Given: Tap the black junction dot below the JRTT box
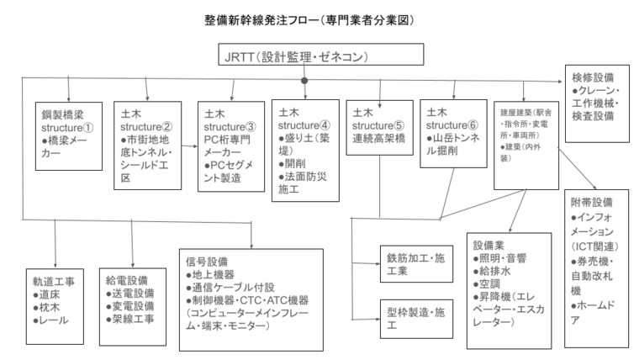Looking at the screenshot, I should [x=304, y=81].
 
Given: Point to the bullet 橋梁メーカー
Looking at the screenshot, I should [x=65, y=146].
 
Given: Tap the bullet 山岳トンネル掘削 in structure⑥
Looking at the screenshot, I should [x=455, y=142].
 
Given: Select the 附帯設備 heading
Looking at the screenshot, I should [x=593, y=203].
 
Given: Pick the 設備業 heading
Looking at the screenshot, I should [x=489, y=246].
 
